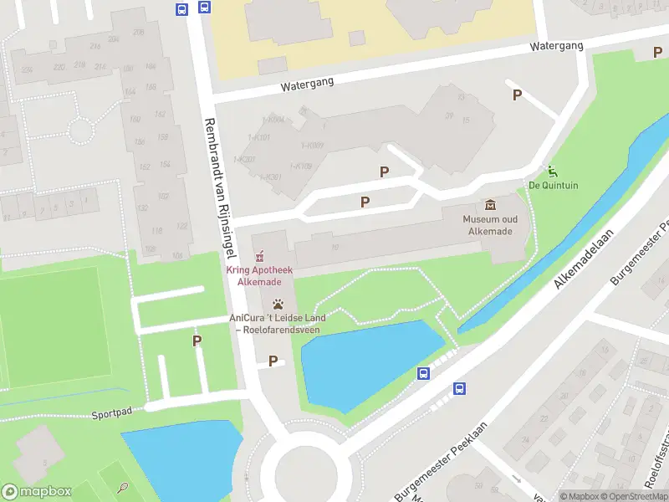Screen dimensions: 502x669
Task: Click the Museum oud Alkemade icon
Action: [x=488, y=205]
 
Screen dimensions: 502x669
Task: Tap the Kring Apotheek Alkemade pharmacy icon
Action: [x=259, y=256]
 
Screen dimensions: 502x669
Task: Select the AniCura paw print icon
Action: [x=278, y=304]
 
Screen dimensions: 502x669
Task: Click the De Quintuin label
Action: [x=553, y=185]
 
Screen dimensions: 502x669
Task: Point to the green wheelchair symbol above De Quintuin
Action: [x=552, y=170]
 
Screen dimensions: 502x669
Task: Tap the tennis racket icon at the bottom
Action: [x=123, y=486]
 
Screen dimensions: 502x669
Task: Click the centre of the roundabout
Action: [x=306, y=474]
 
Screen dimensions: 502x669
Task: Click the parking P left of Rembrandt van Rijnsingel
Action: [x=197, y=341]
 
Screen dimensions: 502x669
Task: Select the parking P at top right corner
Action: [x=656, y=53]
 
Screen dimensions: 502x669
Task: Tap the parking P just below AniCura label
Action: [x=273, y=361]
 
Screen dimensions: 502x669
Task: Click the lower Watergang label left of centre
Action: [x=307, y=84]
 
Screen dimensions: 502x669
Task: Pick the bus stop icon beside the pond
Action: [x=424, y=374]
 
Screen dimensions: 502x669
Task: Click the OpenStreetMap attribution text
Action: [x=632, y=496]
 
